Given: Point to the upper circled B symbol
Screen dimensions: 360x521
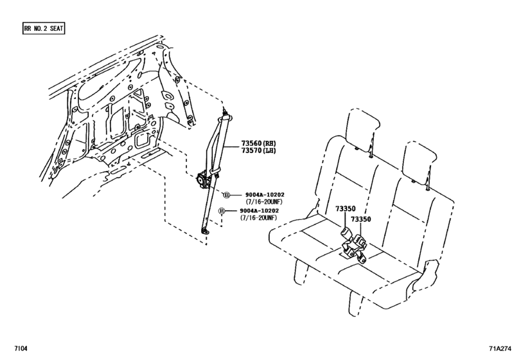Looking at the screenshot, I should [226, 195].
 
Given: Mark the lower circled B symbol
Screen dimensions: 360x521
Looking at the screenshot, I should [222, 212].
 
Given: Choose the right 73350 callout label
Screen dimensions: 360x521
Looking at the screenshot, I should [361, 219].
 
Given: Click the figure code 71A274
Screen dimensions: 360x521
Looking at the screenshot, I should [501, 349].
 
